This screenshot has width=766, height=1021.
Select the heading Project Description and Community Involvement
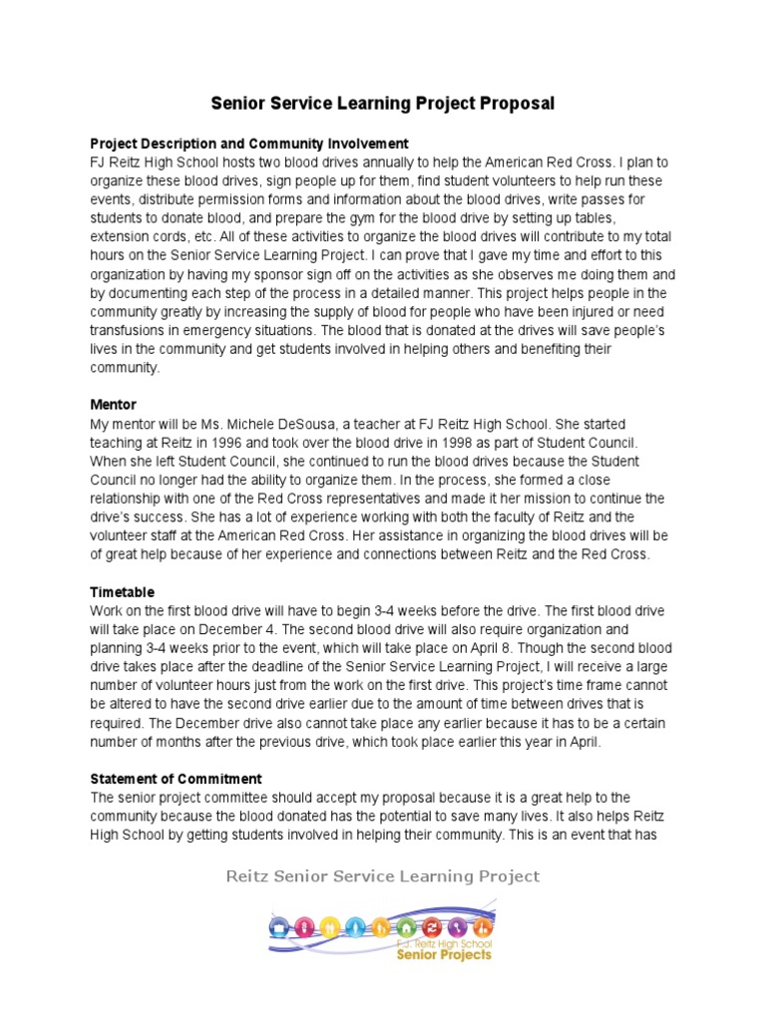(249, 144)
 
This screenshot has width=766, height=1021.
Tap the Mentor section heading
(114, 406)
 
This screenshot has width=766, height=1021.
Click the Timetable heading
(123, 592)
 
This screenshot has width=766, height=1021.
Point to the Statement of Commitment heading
(177, 779)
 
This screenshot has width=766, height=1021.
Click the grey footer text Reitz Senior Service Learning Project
(383, 876)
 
